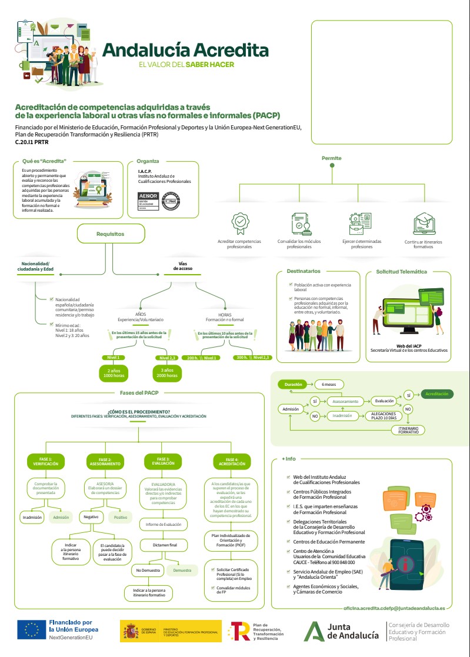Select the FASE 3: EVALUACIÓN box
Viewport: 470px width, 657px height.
point(164,461)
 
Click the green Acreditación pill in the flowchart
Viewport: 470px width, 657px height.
point(436,393)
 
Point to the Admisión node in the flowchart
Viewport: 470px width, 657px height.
point(291,409)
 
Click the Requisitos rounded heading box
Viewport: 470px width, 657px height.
point(111,234)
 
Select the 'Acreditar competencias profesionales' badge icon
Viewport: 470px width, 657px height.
point(239,222)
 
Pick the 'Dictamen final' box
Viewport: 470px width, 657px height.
point(165,545)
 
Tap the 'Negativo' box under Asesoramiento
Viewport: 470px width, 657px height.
point(91,517)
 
